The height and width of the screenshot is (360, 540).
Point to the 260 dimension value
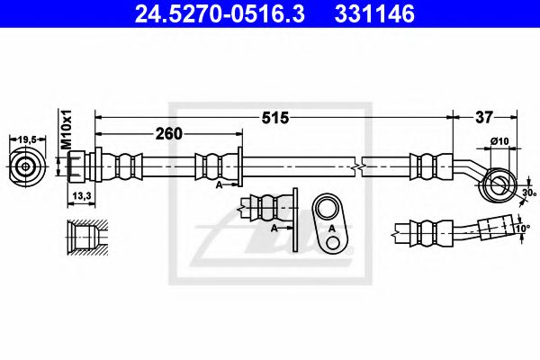tap(169, 133)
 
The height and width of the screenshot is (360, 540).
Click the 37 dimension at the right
tap(484, 117)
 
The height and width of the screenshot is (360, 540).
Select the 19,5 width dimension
tap(28, 139)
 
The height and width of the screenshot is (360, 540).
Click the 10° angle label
tap(522, 230)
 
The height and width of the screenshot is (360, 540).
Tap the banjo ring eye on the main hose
tap(495, 185)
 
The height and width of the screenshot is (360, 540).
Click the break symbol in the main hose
tap(359, 167)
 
